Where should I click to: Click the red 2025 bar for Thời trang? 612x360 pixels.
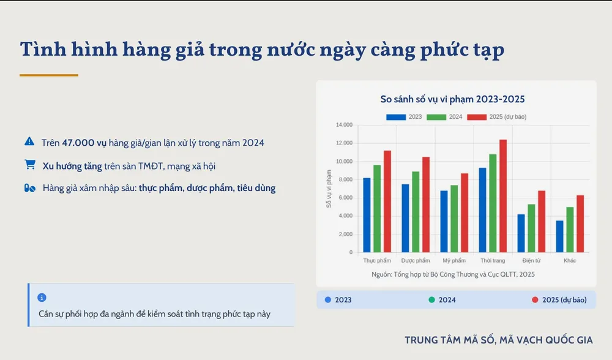click(x=502, y=196)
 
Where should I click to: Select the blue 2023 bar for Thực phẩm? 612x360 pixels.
click(x=367, y=215)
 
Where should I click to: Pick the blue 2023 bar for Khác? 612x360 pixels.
click(x=559, y=236)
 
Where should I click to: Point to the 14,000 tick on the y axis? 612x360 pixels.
click(x=345, y=125)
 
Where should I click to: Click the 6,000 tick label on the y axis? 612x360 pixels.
click(x=346, y=198)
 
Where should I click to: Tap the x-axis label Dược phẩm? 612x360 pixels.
click(x=416, y=261)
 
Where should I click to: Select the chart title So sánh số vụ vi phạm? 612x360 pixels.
click(x=453, y=99)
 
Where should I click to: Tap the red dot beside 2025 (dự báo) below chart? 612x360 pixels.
click(x=535, y=300)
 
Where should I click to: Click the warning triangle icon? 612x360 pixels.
click(x=29, y=141)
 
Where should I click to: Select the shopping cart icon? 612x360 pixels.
click(x=29, y=165)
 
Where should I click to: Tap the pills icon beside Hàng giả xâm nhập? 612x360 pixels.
click(x=29, y=188)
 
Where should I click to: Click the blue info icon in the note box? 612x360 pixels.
click(x=42, y=298)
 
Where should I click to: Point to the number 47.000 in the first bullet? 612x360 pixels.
click(x=78, y=143)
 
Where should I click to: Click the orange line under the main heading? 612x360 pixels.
click(x=49, y=75)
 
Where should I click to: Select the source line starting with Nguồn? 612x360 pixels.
click(x=453, y=274)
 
